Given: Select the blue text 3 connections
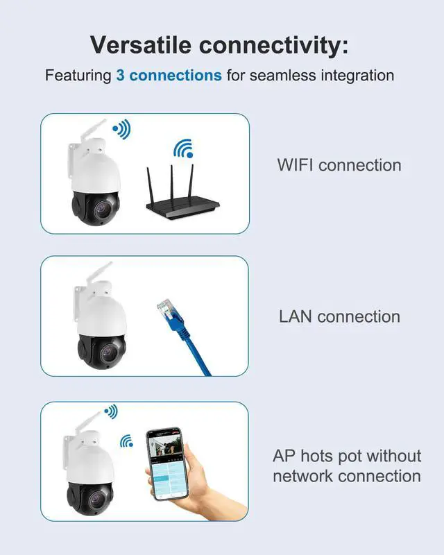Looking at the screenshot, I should [x=169, y=75].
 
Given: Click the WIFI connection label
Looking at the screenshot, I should [x=339, y=165].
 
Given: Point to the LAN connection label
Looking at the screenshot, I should [x=339, y=316].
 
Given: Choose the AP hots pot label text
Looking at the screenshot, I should [x=346, y=456].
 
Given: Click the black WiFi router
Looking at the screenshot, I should [x=182, y=203].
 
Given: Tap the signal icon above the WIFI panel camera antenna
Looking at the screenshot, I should [x=121, y=128].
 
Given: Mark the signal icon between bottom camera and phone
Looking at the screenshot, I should [x=126, y=441].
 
